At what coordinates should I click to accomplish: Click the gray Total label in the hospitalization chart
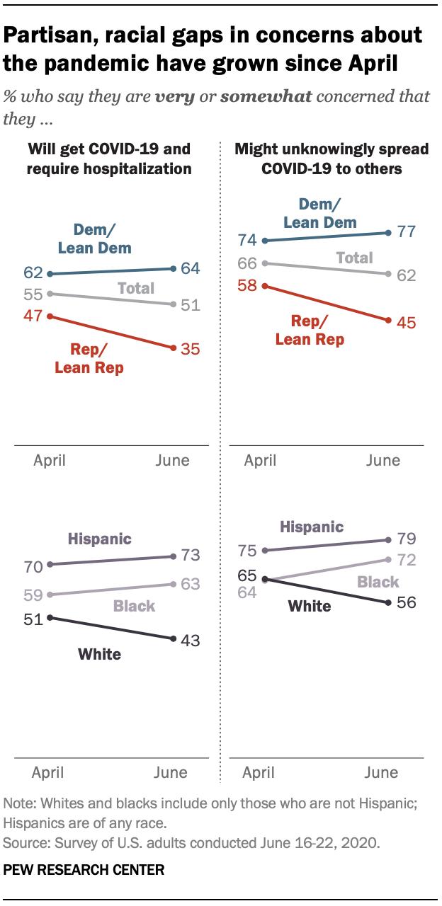coord(136,288)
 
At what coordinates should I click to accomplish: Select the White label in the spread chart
coord(310,606)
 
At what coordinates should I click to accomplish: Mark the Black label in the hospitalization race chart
coord(133,607)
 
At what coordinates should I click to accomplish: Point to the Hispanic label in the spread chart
coord(312,527)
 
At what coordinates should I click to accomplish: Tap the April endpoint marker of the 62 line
coord(48,273)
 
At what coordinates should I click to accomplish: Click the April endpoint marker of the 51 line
coord(48,617)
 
